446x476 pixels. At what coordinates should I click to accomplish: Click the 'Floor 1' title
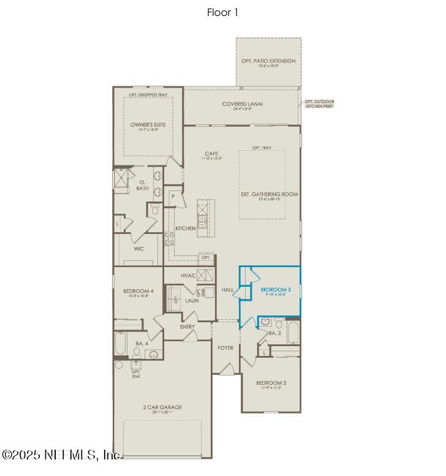point(223,12)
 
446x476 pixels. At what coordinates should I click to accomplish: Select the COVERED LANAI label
point(243,104)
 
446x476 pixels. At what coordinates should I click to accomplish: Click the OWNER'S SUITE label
point(148,125)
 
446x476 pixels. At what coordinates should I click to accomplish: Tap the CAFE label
point(211,154)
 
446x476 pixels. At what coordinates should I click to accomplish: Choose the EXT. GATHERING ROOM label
point(269,194)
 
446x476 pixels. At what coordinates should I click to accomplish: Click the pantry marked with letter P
point(173,197)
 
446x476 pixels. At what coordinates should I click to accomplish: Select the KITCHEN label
point(185,229)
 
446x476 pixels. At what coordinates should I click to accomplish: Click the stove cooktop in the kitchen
point(170,238)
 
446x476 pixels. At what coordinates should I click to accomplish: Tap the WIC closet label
point(139,249)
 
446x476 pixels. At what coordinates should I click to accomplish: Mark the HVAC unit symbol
point(205,275)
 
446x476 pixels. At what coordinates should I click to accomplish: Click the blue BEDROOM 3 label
point(276,289)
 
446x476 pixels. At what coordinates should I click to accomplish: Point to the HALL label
point(227,289)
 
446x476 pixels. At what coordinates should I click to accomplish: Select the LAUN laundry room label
point(192,301)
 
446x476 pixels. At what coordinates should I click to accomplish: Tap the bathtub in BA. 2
point(293,333)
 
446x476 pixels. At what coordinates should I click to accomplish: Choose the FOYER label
point(225,347)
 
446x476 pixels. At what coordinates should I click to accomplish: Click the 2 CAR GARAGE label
point(162,407)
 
